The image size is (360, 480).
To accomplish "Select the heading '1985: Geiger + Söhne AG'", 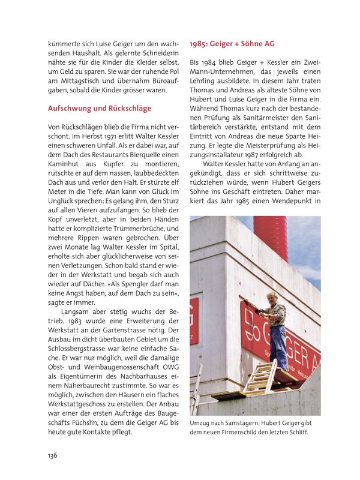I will (232, 44).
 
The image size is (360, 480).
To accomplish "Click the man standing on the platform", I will (275, 327).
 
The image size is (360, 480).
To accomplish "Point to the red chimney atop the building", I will (270, 230).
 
